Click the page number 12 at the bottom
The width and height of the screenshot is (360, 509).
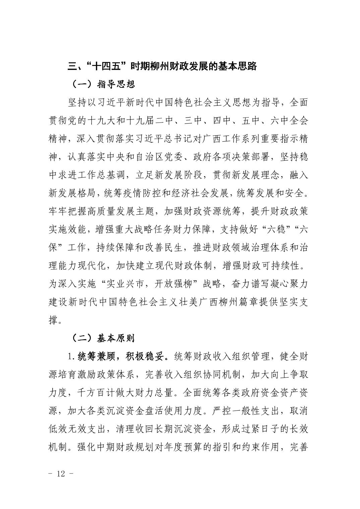point(61,474)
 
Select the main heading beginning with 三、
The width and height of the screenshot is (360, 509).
point(162,66)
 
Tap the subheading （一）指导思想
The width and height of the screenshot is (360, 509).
point(103,84)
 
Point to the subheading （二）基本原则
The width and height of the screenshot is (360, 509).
point(103,338)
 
